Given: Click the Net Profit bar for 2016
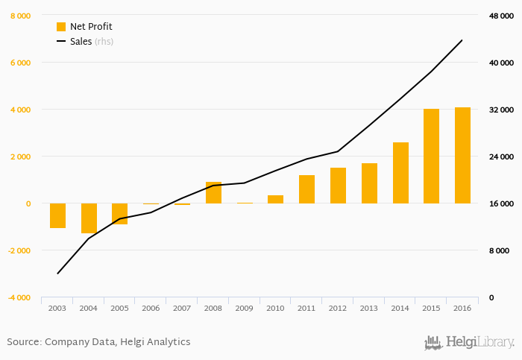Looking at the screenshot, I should (x=462, y=155).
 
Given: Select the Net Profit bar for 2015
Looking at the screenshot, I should (x=431, y=156).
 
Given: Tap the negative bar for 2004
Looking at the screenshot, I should (x=89, y=218).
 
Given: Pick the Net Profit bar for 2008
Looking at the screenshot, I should (x=213, y=192).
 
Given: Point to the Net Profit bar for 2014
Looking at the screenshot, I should (x=400, y=172).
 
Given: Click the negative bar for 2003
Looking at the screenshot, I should (x=57, y=215).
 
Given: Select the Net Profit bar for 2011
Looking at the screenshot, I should (x=306, y=189).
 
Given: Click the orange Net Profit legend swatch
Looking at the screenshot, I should (x=61, y=26).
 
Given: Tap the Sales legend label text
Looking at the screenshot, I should (x=81, y=41).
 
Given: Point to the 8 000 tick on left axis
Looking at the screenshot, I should (x=21, y=16).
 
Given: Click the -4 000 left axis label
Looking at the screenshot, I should (x=19, y=297).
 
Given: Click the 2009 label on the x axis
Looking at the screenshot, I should (x=245, y=308).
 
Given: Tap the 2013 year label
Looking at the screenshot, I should (x=369, y=308).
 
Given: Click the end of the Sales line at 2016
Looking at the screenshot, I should (x=462, y=40).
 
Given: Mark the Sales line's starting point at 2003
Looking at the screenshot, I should (x=57, y=274).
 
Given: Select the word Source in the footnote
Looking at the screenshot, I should (x=23, y=341).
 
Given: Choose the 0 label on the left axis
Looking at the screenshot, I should (x=28, y=203).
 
